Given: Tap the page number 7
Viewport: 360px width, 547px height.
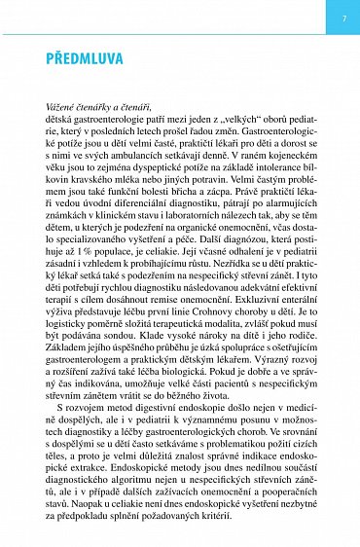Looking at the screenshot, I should (x=344, y=18).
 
